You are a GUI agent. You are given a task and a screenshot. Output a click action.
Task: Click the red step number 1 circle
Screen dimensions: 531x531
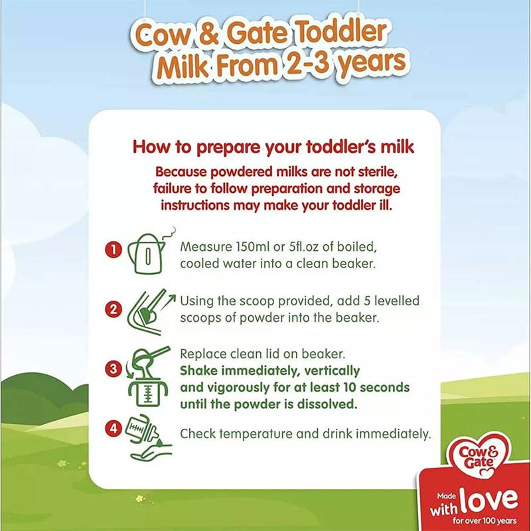[x=114, y=250]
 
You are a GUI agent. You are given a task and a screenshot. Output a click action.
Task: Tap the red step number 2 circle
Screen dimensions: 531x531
[x=114, y=309]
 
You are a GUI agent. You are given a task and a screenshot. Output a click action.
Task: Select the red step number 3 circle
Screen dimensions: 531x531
[x=114, y=368]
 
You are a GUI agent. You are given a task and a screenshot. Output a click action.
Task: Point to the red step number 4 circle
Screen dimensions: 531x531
[x=114, y=428]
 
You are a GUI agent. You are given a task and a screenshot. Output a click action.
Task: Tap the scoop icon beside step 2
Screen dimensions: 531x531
[x=151, y=311]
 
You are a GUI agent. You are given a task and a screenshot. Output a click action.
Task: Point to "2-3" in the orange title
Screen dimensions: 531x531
[x=307, y=62]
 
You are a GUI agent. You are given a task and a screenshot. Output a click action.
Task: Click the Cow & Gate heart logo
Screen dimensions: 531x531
[x=479, y=455]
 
